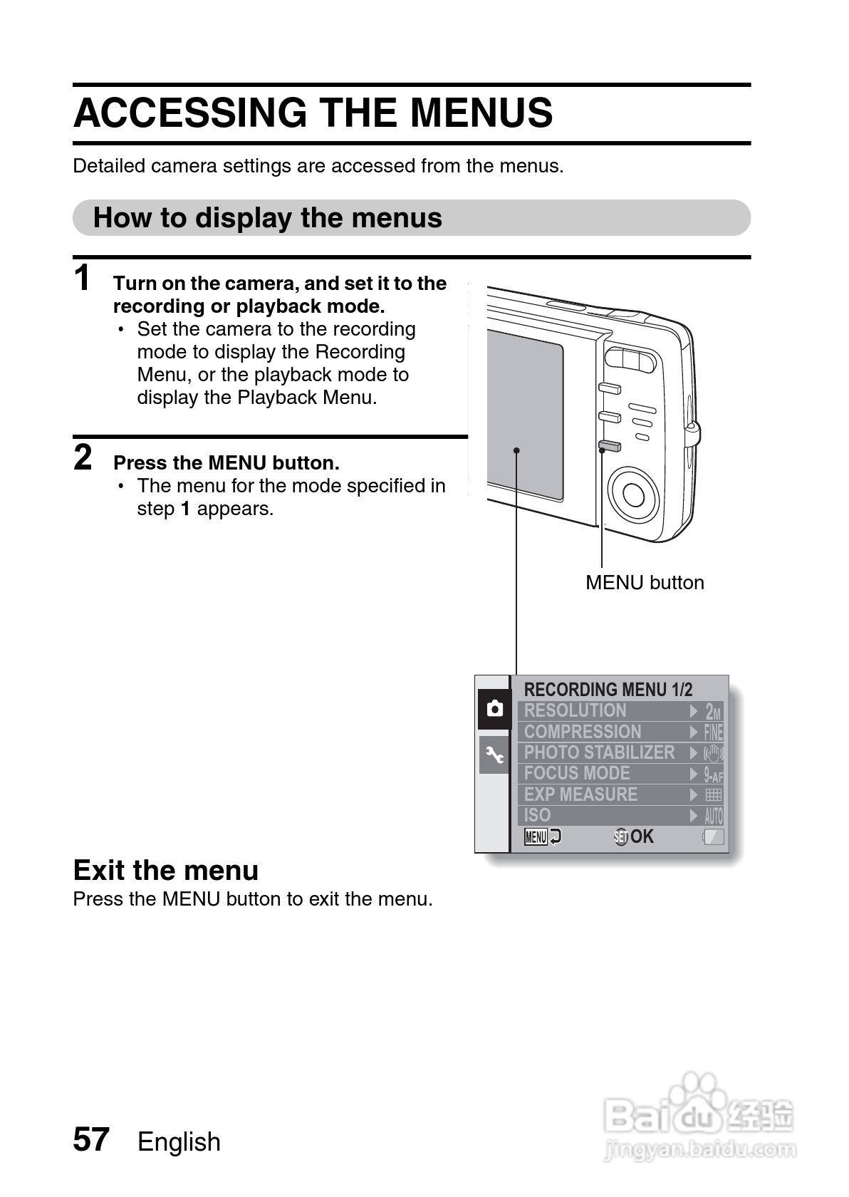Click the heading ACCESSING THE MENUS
[x=313, y=113]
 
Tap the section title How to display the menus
[x=268, y=218]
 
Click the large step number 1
[x=83, y=278]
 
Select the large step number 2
[x=83, y=457]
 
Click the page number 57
[x=91, y=1139]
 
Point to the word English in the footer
[x=179, y=1141]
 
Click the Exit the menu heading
[x=166, y=870]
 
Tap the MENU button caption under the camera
[x=645, y=583]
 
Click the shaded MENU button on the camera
[x=609, y=447]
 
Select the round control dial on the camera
[x=632, y=492]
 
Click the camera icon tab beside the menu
[x=494, y=709]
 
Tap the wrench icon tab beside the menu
[x=494, y=755]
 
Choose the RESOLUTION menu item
[x=575, y=710]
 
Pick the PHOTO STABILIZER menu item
[x=599, y=752]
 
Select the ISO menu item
[x=538, y=815]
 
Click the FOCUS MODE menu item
[x=577, y=773]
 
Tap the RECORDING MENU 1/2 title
[x=608, y=689]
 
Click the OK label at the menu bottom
[x=641, y=836]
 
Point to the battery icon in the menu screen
[x=714, y=837]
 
